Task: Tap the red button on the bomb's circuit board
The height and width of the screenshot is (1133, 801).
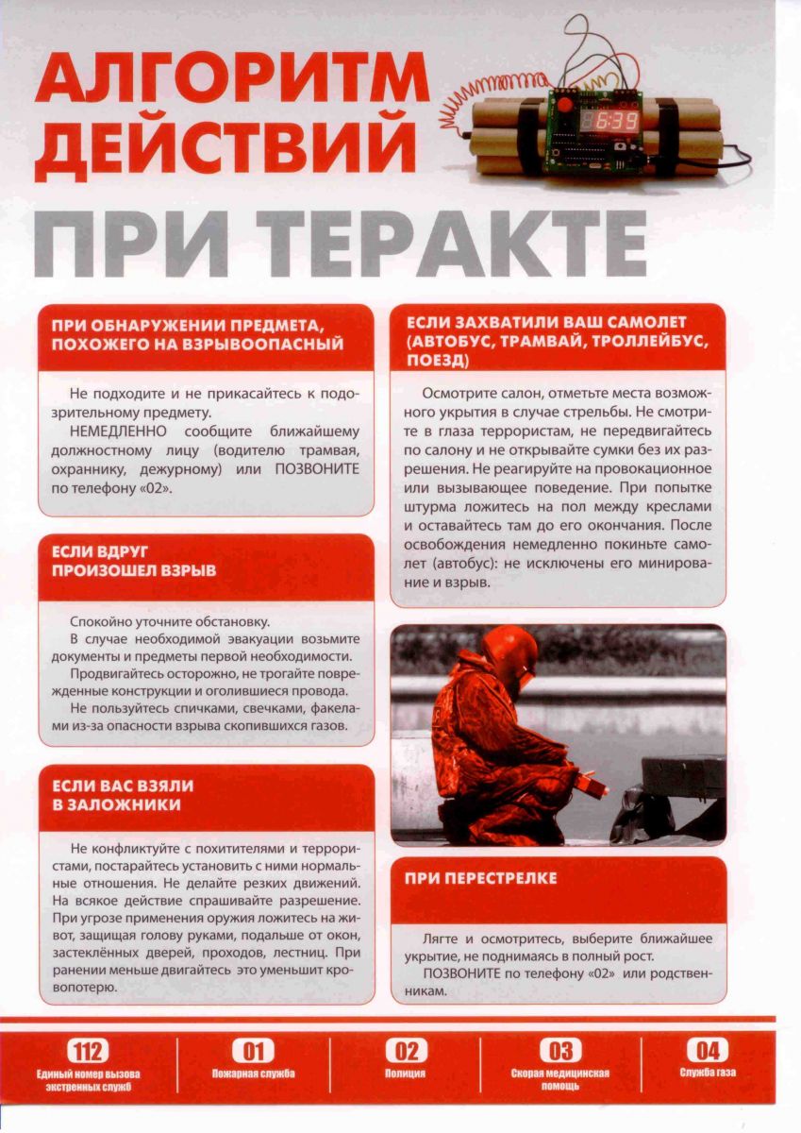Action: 564,102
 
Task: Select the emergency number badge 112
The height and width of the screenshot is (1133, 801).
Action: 88,1051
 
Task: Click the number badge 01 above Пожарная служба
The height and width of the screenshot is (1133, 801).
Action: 252,1051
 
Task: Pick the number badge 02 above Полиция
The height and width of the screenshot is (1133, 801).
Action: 406,1051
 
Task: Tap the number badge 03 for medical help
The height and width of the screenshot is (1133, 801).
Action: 560,1051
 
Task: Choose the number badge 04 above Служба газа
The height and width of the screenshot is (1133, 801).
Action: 708,1051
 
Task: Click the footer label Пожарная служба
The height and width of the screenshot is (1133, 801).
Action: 252,1074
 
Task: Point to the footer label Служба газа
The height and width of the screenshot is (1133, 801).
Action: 708,1073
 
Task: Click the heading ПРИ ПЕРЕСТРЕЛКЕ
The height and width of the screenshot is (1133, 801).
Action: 481,878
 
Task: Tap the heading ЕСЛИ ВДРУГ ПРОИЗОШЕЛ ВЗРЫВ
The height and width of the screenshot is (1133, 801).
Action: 134,560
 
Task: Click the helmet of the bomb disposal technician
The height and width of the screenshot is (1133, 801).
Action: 509,651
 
